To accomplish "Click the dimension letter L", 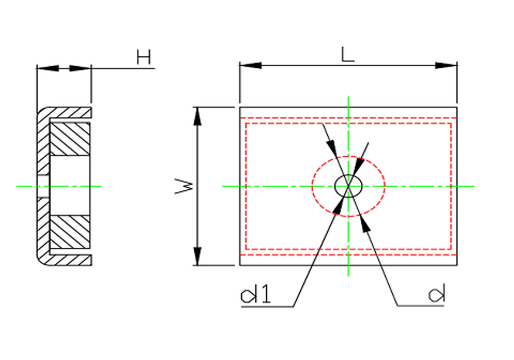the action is click(347, 55).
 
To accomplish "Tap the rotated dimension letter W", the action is click(184, 186).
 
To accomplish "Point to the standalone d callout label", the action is click(436, 293).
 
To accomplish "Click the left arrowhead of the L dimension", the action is click(250, 65).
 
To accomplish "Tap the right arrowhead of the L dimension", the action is click(446, 65).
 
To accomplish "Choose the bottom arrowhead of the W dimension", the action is click(197, 256).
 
